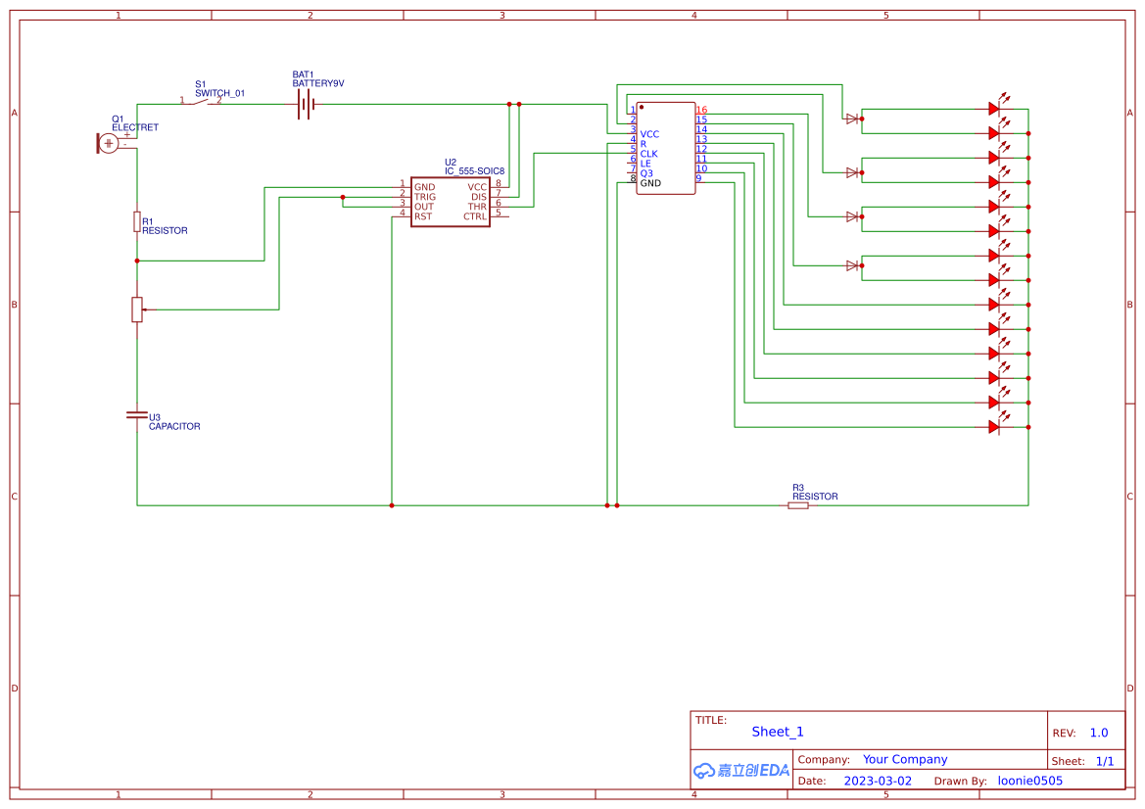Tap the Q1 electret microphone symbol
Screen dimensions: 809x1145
[109, 143]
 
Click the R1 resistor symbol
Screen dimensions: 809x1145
[137, 221]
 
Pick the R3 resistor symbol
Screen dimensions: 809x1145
[798, 505]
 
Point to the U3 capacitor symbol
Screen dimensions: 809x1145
[137, 415]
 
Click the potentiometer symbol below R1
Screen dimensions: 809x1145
[137, 309]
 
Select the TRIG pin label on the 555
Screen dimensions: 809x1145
[425, 197]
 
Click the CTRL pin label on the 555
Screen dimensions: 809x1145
[475, 216]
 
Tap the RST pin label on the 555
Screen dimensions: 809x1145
[423, 216]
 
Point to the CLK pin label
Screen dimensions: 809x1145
[648, 154]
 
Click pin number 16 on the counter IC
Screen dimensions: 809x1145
[701, 110]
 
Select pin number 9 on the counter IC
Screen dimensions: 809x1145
[698, 178]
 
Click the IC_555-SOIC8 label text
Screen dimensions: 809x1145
[474, 171]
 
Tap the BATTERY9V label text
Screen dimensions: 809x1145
[318, 84]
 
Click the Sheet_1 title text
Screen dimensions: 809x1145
[778, 732]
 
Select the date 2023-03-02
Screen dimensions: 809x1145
[878, 781]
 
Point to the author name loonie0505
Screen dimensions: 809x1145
[1029, 781]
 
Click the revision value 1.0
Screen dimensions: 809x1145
[1099, 733]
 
